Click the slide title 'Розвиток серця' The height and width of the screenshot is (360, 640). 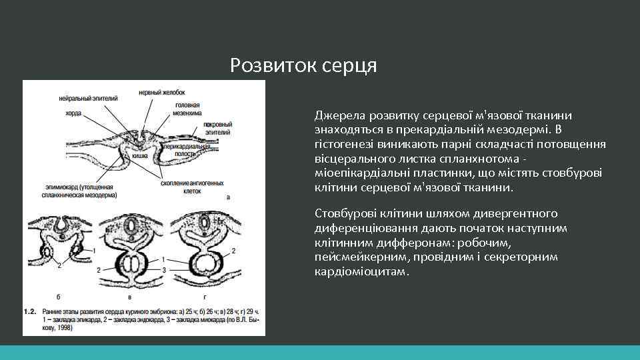(303, 65)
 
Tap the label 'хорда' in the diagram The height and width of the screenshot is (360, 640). (73, 113)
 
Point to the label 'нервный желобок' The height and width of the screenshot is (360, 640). (162, 92)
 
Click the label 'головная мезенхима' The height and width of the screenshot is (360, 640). (189, 109)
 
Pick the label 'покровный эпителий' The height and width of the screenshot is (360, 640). (217, 128)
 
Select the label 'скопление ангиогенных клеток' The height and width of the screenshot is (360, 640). (194, 183)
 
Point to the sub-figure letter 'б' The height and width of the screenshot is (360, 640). (61, 295)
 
